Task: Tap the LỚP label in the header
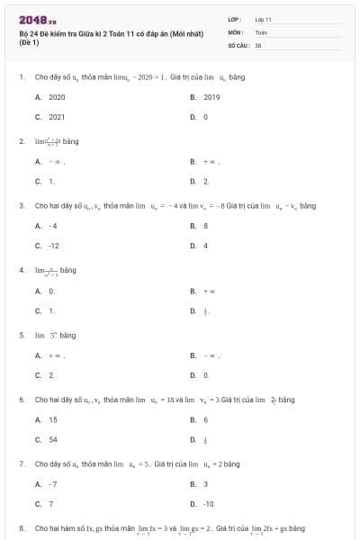[x=235, y=19]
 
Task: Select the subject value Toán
[x=261, y=31]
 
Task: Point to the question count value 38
[x=258, y=43]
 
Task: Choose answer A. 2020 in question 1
[x=50, y=96]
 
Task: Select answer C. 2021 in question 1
[x=50, y=117]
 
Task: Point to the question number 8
[x=21, y=528]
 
